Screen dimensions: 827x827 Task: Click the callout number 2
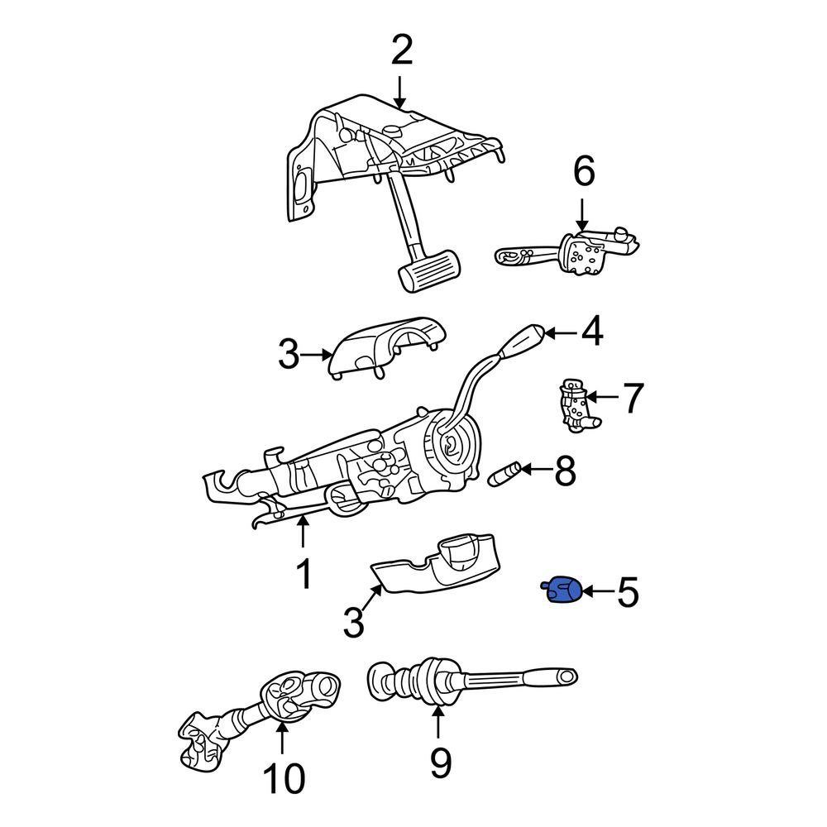click(x=401, y=52)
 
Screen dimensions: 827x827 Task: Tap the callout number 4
click(x=591, y=333)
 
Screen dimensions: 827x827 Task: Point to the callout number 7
click(x=632, y=398)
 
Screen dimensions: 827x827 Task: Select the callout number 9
click(x=440, y=762)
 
